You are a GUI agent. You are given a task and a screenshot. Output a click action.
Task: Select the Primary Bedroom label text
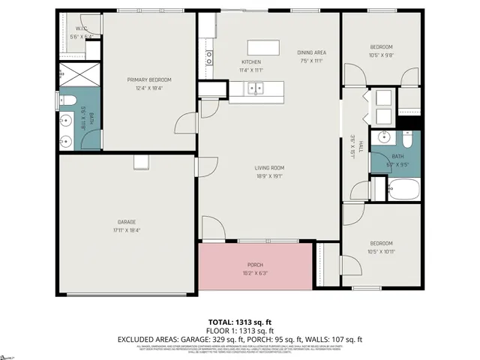(149, 79)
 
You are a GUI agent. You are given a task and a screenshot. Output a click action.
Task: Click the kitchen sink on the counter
(257, 89)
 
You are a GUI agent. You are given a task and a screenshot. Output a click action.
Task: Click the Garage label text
(126, 222)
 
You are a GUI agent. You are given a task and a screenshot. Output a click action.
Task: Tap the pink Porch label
(255, 265)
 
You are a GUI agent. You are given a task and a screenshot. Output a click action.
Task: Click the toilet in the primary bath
(65, 100)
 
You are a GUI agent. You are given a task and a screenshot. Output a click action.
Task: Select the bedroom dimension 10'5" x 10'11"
(381, 251)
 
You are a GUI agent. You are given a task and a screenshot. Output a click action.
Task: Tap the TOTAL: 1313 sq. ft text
(240, 322)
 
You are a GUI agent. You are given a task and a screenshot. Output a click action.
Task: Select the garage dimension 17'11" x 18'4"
(126, 230)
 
